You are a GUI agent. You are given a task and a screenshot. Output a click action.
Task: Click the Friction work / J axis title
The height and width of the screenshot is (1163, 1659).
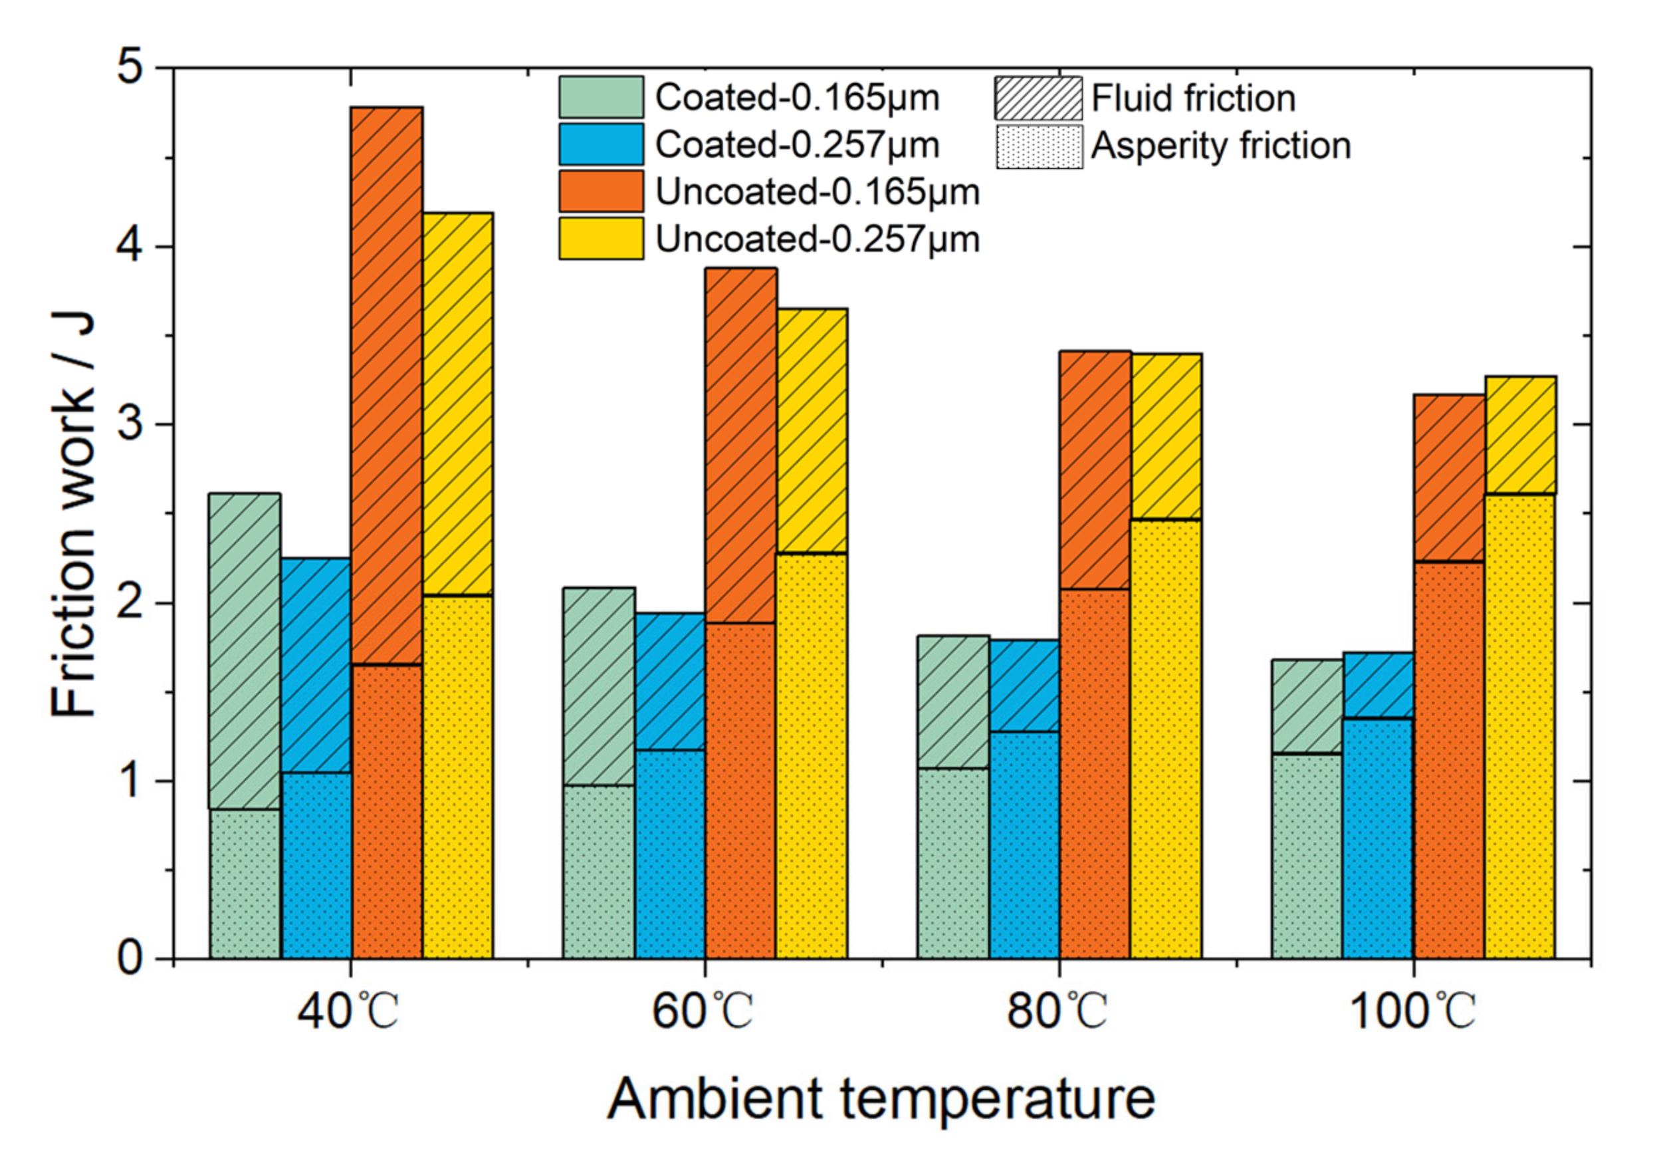click(x=72, y=515)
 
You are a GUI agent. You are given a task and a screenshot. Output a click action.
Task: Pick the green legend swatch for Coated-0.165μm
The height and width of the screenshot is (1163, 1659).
click(x=600, y=98)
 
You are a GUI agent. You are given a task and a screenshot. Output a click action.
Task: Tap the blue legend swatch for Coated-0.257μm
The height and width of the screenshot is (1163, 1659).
click(x=600, y=144)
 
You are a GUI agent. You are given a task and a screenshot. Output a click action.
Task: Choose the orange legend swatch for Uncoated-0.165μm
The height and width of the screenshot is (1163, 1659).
click(x=600, y=192)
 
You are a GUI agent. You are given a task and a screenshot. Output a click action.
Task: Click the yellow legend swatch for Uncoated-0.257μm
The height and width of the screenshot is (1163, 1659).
click(x=600, y=239)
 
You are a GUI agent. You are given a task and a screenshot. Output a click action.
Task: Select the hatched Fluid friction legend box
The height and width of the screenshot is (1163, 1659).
click(x=1038, y=98)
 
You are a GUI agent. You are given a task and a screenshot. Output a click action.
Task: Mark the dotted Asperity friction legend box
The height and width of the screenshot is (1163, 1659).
click(x=1039, y=147)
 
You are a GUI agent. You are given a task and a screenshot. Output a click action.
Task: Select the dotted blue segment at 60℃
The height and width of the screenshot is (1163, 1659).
click(x=670, y=854)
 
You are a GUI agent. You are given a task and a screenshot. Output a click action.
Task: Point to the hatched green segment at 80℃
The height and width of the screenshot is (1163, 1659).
click(x=952, y=702)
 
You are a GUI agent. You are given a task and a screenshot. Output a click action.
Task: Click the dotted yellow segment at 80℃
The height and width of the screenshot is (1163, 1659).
click(x=1166, y=739)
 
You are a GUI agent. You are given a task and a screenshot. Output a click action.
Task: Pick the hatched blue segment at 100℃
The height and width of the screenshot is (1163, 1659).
click(x=1378, y=685)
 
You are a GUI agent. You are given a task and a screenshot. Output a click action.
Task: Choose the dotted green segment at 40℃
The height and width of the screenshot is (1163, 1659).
click(x=246, y=884)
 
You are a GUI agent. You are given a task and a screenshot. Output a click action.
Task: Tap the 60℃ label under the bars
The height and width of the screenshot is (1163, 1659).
click(x=703, y=1012)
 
